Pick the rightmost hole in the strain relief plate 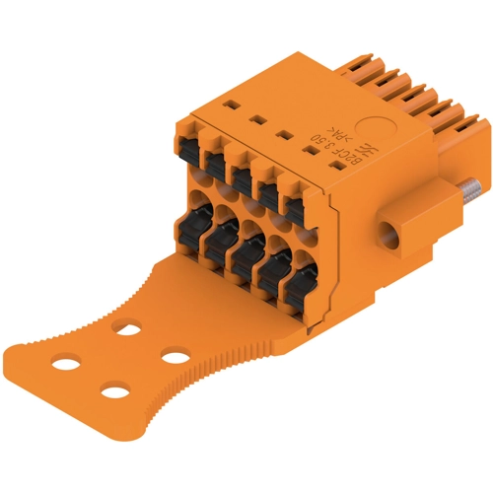[x=176, y=352]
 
